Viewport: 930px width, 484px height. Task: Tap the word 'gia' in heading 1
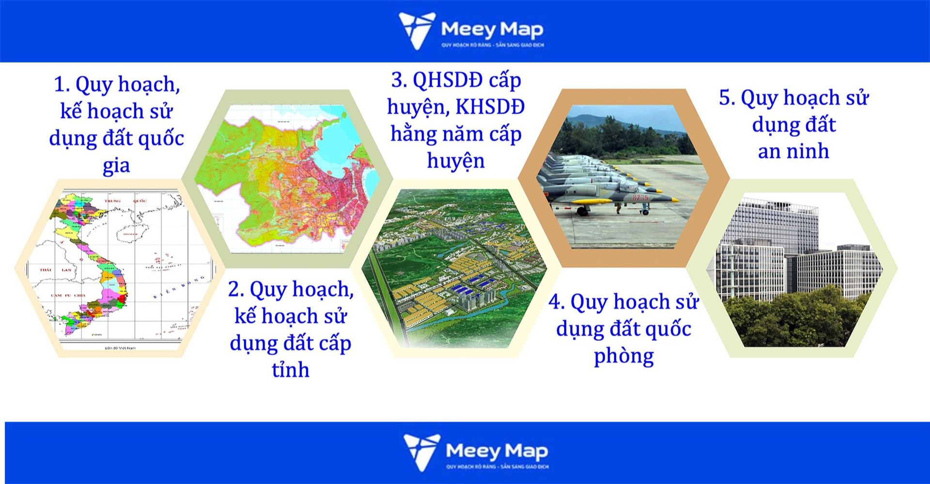point(116,166)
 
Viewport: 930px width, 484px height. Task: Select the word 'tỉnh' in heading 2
point(290,370)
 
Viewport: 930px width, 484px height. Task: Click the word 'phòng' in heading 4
point(624,356)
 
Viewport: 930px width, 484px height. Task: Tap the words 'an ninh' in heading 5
point(793,151)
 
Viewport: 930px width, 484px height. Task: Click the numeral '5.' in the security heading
point(727,98)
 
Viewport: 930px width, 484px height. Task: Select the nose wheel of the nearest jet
point(644,212)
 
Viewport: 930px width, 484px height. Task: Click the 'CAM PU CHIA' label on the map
point(69,295)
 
